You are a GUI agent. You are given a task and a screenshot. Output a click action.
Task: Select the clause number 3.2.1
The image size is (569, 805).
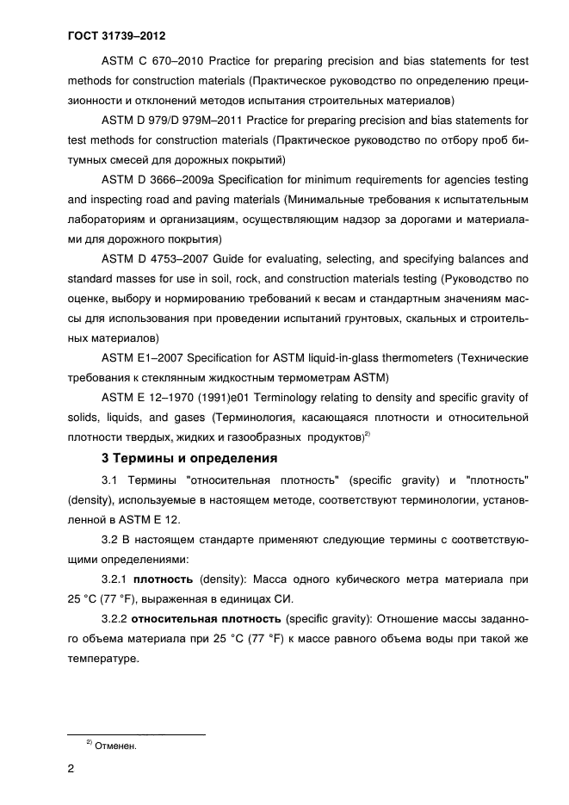point(115,580)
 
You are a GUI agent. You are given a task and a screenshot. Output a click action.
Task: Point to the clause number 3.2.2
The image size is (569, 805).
point(115,620)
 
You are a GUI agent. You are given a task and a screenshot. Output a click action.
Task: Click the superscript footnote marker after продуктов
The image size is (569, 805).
point(368,435)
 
